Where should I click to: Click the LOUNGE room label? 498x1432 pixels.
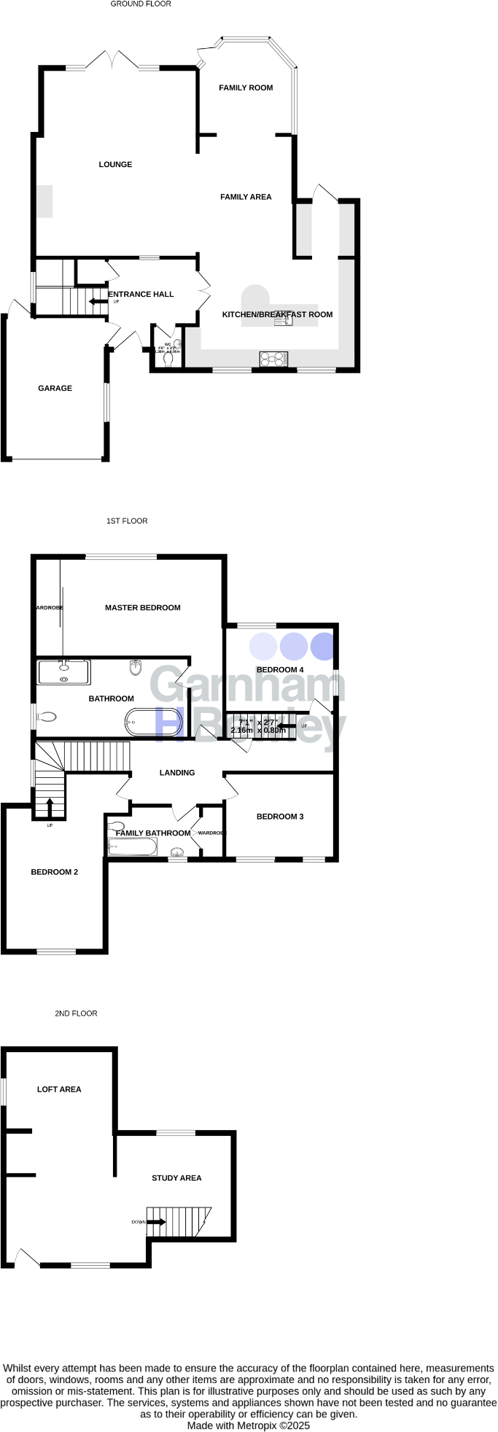(115, 165)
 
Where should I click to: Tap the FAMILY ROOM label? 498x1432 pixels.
(246, 87)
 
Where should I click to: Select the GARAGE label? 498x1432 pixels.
(55, 389)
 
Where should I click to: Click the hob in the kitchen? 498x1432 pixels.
(273, 359)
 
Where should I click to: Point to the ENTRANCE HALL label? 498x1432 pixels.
(141, 295)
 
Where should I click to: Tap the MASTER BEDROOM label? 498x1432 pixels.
(142, 607)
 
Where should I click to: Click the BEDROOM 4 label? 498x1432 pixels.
(280, 669)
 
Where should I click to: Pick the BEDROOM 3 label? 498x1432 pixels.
(280, 817)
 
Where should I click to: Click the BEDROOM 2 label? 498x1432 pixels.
(54, 872)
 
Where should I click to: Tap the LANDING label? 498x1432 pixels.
(177, 773)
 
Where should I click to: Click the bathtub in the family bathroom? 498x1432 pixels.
(132, 847)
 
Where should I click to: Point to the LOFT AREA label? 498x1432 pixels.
(59, 1089)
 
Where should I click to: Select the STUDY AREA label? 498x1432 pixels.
(176, 1178)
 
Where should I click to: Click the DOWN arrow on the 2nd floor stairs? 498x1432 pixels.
(156, 1222)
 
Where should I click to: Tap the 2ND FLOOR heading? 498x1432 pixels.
(76, 1013)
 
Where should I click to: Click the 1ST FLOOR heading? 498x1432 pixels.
(127, 521)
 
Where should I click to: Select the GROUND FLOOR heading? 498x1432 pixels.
(141, 4)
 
